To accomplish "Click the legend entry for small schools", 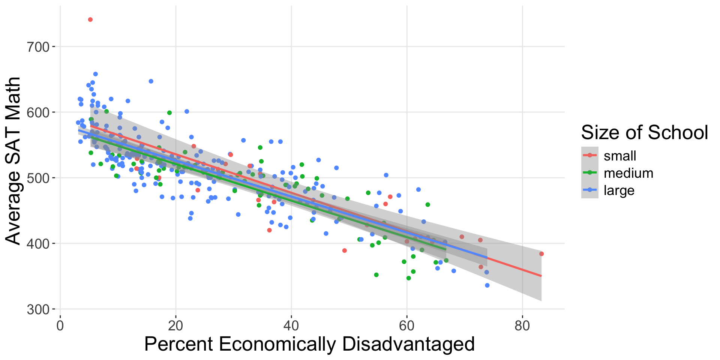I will click(619, 156).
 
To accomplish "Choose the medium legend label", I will click(628, 173).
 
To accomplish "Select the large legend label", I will click(619, 190).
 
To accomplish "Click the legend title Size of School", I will click(644, 132).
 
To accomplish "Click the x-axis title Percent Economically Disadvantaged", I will click(309, 344).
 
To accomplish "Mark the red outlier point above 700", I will click(90, 19).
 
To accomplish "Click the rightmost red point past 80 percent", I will click(541, 254).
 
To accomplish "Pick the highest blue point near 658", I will click(95, 74).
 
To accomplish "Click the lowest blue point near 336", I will click(487, 285).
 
